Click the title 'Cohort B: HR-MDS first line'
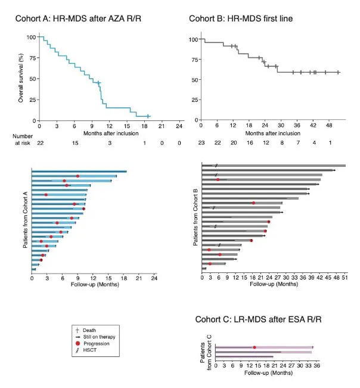(x=241, y=18)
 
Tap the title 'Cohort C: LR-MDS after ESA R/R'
(x=259, y=319)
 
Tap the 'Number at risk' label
(x=22, y=139)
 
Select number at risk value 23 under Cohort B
(x=201, y=143)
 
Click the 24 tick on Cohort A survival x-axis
(x=178, y=126)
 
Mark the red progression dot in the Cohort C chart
(x=255, y=347)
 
